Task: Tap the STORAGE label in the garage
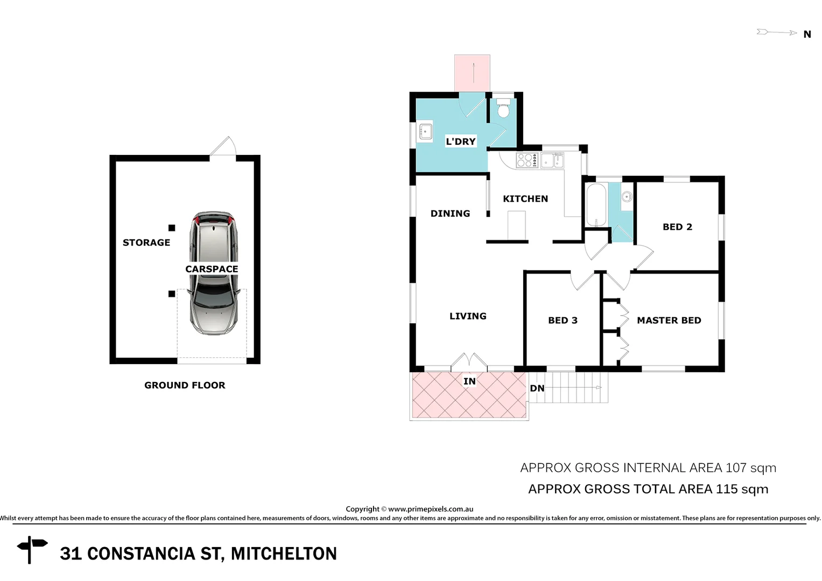[146, 243]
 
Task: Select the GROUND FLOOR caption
[185, 385]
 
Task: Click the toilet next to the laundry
[503, 109]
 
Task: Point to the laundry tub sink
[426, 131]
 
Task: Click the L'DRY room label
[461, 141]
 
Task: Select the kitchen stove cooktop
[527, 160]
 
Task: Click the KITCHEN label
[525, 199]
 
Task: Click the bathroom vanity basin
[627, 197]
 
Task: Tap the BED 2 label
[677, 227]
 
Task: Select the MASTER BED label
[669, 321]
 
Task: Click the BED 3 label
[563, 321]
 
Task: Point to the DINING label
[450, 214]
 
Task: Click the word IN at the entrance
[469, 381]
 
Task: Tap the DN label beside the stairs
[537, 388]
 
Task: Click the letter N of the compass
[807, 34]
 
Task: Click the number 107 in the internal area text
[736, 468]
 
